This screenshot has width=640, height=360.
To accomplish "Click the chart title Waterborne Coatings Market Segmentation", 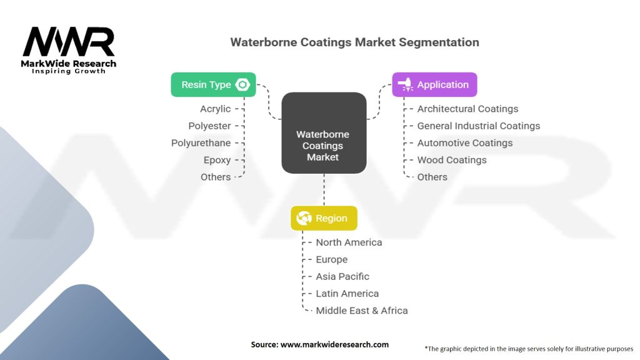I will (x=354, y=42).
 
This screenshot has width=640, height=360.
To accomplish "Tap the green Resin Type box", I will (x=212, y=84).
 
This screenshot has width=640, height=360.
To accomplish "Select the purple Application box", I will (x=434, y=84).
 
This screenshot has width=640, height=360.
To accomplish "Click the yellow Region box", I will (x=324, y=218).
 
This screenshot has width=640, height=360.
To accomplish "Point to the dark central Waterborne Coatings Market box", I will (x=323, y=133).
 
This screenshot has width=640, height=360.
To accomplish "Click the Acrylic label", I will (x=215, y=109).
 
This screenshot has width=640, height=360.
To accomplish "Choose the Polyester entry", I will (x=210, y=126).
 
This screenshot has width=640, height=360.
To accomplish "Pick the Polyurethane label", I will (x=201, y=143).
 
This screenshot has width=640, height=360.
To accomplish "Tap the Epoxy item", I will (x=217, y=160).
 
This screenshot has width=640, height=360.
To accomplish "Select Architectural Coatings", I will (x=467, y=109).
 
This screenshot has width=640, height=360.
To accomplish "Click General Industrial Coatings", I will (x=478, y=126).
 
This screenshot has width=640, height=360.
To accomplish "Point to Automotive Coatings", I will (x=464, y=143).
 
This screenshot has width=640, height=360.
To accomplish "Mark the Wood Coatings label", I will (x=451, y=160).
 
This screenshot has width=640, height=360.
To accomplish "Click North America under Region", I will (x=349, y=242).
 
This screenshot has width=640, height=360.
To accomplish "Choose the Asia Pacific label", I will (x=342, y=276).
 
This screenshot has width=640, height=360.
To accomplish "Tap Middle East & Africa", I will (x=361, y=311).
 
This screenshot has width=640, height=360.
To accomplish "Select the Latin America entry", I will (x=347, y=294).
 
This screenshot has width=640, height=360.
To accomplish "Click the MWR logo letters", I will (x=69, y=42).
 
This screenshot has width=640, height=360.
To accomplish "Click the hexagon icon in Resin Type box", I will (x=242, y=84).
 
